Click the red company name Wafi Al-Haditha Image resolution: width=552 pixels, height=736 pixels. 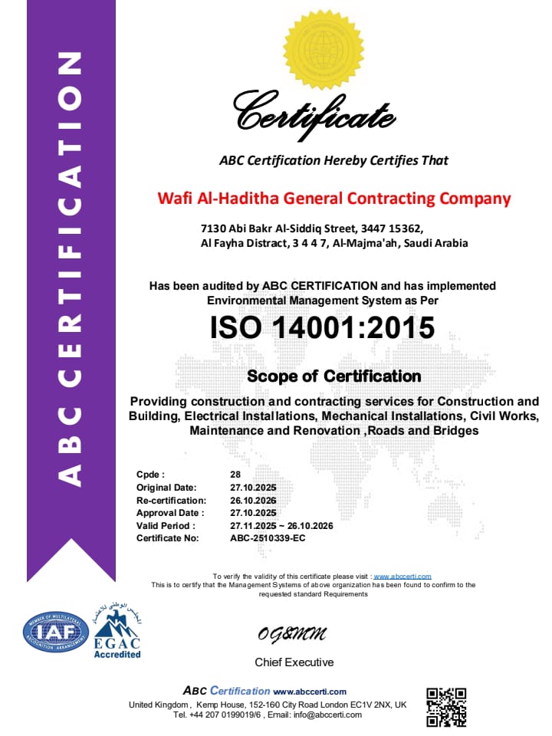(333, 199)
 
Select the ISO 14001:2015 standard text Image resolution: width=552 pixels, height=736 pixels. (322, 328)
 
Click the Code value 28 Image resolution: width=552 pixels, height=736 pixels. (235, 475)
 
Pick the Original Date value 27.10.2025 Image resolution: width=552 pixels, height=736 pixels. (253, 488)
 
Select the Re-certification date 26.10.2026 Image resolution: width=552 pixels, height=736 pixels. (253, 501)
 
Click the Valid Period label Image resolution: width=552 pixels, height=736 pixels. (166, 526)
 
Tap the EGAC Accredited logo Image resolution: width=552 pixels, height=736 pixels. (117, 633)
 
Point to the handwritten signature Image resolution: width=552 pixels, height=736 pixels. (292, 634)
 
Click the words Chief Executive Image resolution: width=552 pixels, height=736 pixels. (294, 662)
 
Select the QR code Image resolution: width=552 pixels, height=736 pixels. (445, 707)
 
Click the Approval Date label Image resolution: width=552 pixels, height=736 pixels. (170, 513)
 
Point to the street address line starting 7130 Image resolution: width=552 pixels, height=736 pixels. (311, 228)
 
